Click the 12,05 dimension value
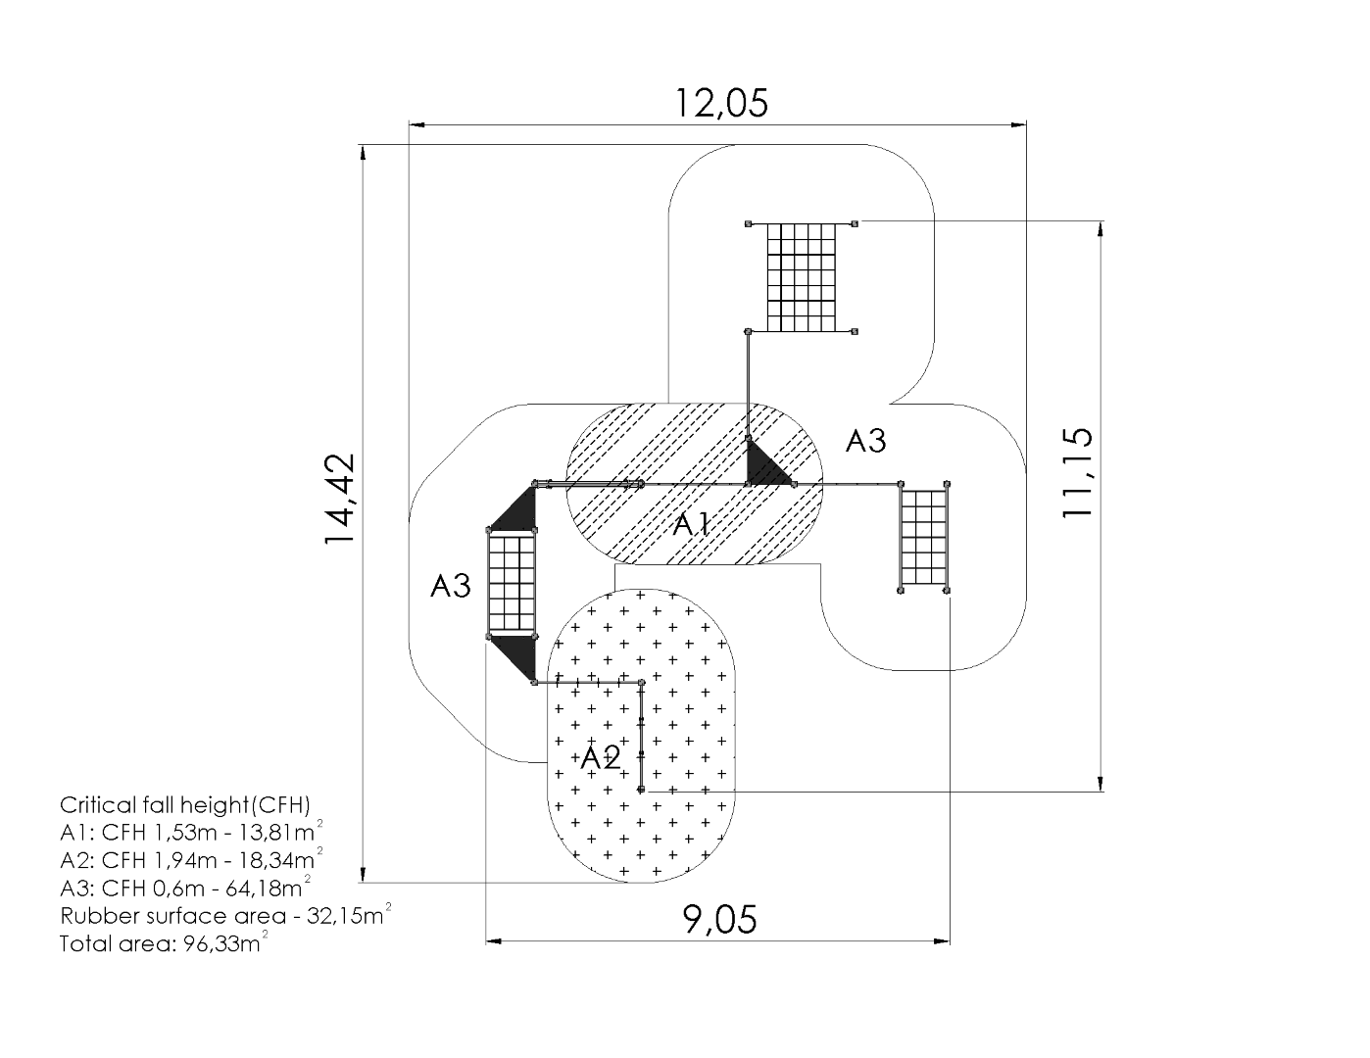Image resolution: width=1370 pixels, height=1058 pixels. pyautogui.click(x=721, y=102)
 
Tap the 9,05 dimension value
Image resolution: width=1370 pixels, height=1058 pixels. pyautogui.click(x=719, y=920)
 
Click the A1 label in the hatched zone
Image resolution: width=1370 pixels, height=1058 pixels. pyautogui.click(x=692, y=525)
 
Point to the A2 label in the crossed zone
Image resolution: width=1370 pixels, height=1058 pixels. pyautogui.click(x=601, y=757)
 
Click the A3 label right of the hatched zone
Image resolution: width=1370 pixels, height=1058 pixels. pyautogui.click(x=865, y=441)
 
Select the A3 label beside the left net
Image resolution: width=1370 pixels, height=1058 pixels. pyautogui.click(x=451, y=586)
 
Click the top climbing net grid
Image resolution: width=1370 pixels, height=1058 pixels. pyautogui.click(x=802, y=277)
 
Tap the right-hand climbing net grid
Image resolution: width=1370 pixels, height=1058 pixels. pyautogui.click(x=924, y=537)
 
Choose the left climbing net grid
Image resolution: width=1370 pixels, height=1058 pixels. pyautogui.click(x=512, y=584)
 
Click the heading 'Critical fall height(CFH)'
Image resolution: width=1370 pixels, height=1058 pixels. pyautogui.click(x=185, y=805)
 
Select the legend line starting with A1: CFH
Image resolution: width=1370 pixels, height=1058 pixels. pyautogui.click(x=192, y=834)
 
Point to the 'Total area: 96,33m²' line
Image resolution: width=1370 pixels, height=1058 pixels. pyautogui.click(x=165, y=944)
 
